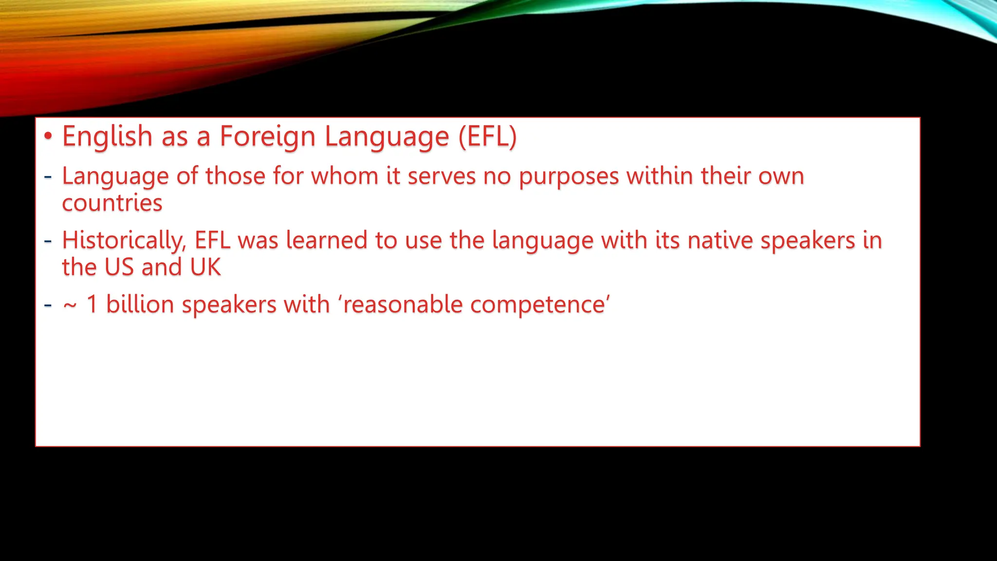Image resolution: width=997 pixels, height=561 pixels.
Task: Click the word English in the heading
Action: pyautogui.click(x=107, y=136)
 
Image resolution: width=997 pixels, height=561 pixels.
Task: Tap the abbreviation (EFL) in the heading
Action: pyautogui.click(x=487, y=136)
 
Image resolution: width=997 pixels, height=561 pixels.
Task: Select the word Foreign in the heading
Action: pyautogui.click(x=267, y=136)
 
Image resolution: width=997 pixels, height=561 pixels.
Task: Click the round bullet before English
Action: pyautogui.click(x=48, y=136)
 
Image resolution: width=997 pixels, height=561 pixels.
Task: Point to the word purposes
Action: pyautogui.click(x=569, y=176)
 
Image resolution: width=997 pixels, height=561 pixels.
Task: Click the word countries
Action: pyautogui.click(x=112, y=203)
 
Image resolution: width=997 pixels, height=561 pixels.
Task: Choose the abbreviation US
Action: pyautogui.click(x=119, y=267)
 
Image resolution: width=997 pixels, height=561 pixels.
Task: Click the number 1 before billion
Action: pyautogui.click(x=92, y=305)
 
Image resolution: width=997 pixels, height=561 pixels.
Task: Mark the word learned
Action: pyautogui.click(x=326, y=241)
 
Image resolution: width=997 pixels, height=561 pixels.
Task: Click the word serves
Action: pyautogui.click(x=441, y=176)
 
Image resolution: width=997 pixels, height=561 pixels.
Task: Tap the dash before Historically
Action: pyautogui.click(x=48, y=241)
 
